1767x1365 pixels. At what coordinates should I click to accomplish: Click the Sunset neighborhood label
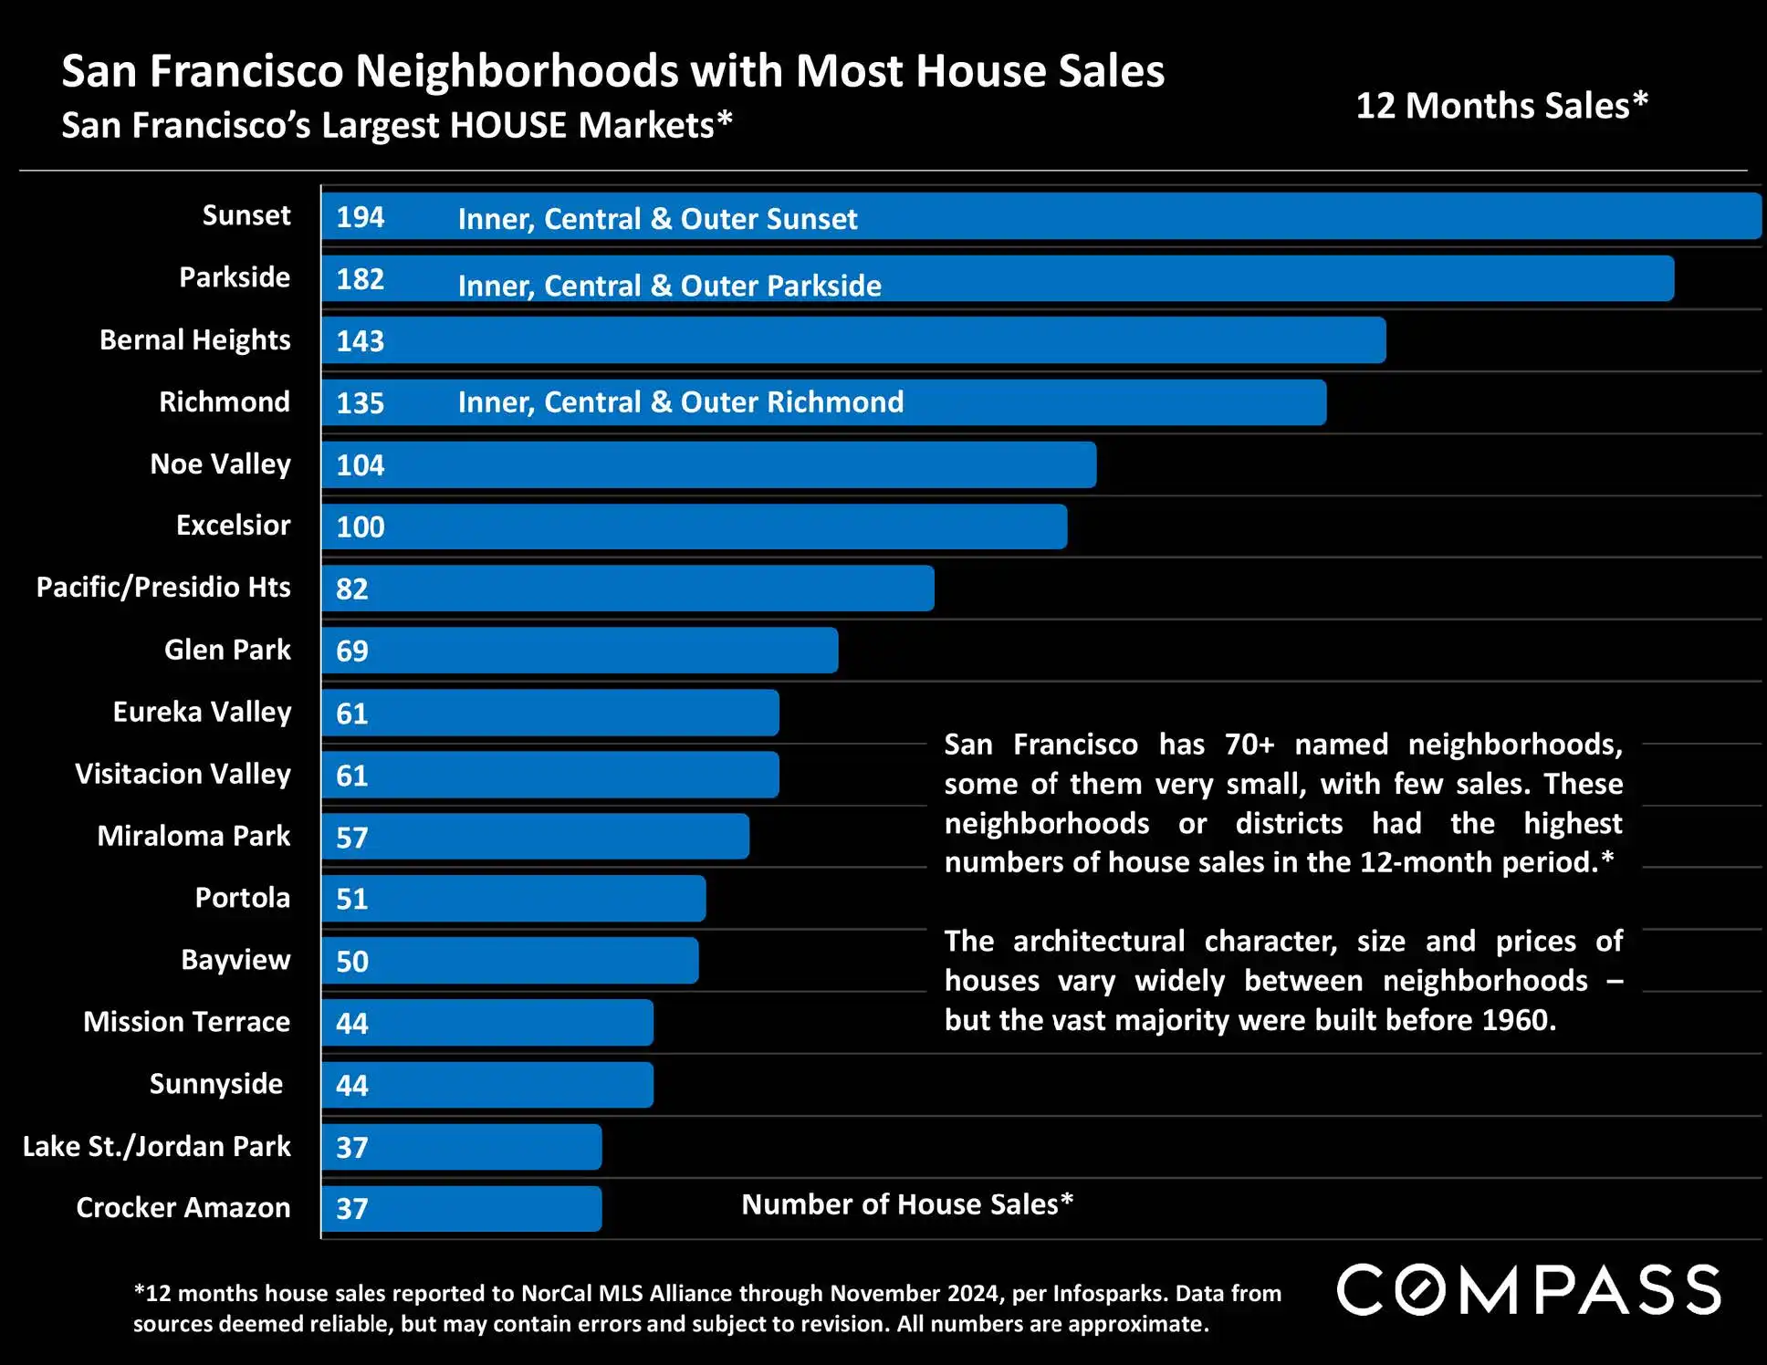[x=246, y=215]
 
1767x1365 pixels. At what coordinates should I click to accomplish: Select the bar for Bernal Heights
[x=853, y=340]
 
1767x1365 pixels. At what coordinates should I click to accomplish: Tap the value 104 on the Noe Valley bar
[x=360, y=465]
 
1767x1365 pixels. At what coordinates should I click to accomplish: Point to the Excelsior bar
[x=694, y=526]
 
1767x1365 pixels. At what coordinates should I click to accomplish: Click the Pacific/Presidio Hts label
[x=163, y=587]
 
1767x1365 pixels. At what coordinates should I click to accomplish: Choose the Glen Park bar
[x=580, y=651]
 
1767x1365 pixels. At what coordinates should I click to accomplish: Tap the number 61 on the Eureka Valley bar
[x=351, y=713]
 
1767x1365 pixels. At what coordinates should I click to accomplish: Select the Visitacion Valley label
[x=183, y=774]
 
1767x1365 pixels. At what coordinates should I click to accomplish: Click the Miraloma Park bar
[x=535, y=837]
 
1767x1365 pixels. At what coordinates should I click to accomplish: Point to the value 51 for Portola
[x=351, y=899]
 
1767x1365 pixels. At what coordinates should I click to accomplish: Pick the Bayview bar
[x=509, y=961]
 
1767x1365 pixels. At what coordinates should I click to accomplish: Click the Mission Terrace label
[x=186, y=1022]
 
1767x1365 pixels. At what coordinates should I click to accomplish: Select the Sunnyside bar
[x=487, y=1085]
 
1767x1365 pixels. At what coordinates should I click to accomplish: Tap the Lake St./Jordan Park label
[x=156, y=1146]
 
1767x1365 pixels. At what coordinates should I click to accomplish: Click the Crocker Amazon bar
[x=461, y=1209]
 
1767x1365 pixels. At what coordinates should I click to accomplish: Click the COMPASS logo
[x=1529, y=1290]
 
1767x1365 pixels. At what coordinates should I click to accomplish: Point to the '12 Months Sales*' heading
[x=1501, y=106]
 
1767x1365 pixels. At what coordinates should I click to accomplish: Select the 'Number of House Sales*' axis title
[x=906, y=1204]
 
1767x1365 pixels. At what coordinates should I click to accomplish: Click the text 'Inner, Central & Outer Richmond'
[x=680, y=402]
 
